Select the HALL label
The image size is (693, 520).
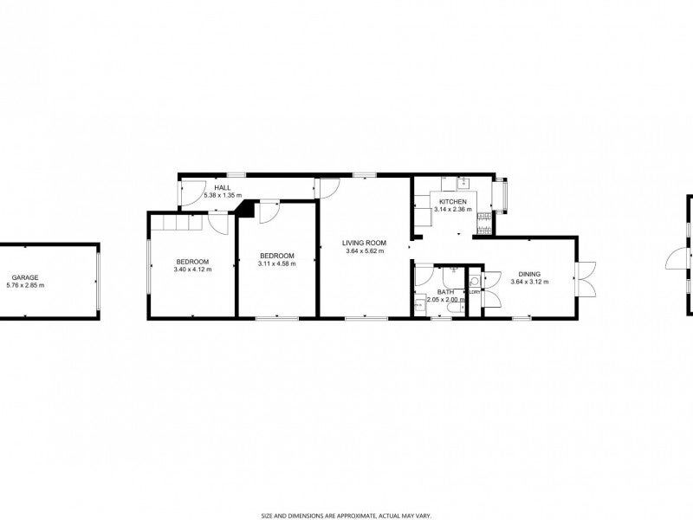click(223, 188)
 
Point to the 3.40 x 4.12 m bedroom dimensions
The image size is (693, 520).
click(192, 270)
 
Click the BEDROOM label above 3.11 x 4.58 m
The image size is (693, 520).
click(277, 256)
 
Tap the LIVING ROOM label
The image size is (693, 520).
click(364, 243)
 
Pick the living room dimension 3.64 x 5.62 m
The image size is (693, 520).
click(364, 251)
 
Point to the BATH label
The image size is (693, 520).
click(446, 292)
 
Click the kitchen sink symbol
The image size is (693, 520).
click(461, 182)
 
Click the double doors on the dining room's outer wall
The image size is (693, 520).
click(586, 277)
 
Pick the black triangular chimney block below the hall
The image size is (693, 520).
click(247, 210)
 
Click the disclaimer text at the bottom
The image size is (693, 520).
click(346, 514)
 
